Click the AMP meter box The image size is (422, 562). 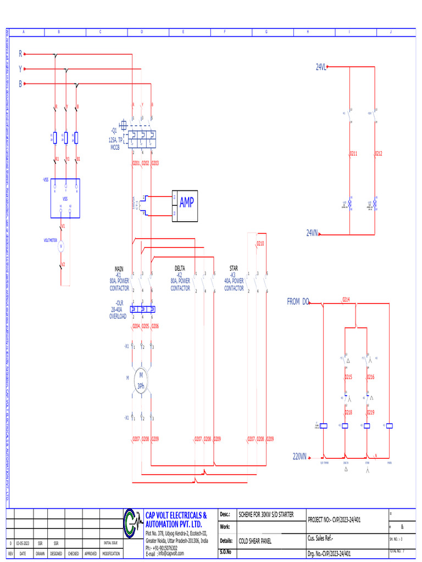coord(186,205)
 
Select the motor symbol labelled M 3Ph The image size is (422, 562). coord(141,380)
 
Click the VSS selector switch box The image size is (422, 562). coord(65,197)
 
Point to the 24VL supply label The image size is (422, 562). coord(321,67)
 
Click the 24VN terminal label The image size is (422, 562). coord(312,233)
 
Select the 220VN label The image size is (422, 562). coord(299,456)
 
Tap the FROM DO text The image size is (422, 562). coord(298,301)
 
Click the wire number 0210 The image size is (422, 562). coord(260,243)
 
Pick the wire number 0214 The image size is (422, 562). coord(346,300)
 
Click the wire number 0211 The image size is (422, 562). coord(353,154)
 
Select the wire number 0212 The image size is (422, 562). coord(379,154)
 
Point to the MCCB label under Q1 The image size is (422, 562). coord(115,147)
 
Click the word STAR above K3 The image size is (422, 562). coord(234,268)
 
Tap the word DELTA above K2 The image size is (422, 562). coord(180,268)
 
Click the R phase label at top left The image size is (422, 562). coord(21,54)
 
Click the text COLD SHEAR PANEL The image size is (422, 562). coord(255,541)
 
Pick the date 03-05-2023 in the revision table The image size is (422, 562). coord(23,543)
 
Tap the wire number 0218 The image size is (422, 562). coord(348,412)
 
